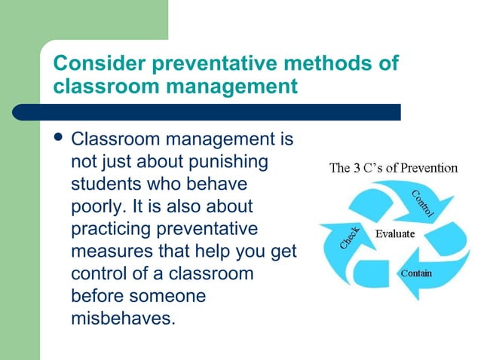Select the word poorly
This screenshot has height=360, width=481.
tap(94, 206)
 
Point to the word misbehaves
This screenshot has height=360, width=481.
tap(121, 317)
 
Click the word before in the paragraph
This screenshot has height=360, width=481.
tap(97, 295)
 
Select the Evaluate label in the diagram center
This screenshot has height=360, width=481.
tap(395, 233)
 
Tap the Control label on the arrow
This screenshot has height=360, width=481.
tap(423, 203)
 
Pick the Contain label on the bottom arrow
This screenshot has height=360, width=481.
tap(416, 273)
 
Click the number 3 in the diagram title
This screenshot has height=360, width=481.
tap(357, 168)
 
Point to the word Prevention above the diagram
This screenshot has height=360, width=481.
tap(429, 168)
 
